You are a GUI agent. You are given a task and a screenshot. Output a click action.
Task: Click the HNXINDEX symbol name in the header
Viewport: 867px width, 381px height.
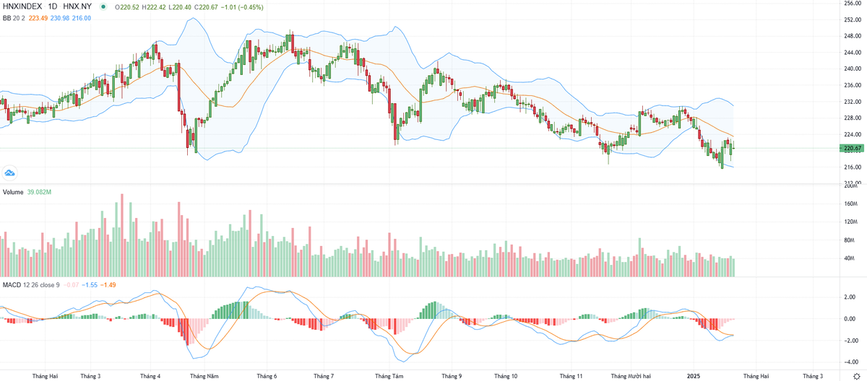[24, 7]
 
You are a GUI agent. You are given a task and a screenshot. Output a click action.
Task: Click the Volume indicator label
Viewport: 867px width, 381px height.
[13, 193]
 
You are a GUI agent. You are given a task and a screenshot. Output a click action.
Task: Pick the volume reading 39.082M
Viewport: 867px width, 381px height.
[40, 193]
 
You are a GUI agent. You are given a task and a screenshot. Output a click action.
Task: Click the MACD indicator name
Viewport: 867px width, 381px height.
[12, 285]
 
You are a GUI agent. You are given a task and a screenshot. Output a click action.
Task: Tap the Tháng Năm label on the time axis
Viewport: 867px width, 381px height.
[204, 376]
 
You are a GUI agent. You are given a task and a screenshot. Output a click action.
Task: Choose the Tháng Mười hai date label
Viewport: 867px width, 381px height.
[630, 376]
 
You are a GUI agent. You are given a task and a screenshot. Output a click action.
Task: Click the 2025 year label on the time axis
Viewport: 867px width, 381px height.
[694, 376]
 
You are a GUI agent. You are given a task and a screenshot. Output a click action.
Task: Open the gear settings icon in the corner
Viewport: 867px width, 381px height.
[856, 376]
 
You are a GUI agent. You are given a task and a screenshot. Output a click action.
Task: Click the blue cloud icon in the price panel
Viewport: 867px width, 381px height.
[9, 172]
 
